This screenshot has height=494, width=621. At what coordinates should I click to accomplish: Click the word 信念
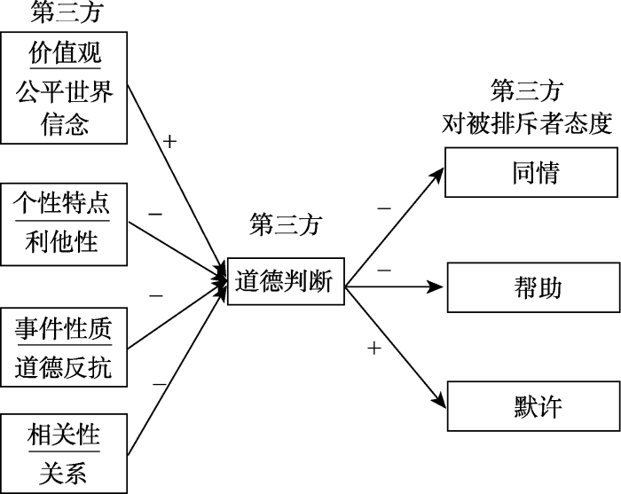point(64,123)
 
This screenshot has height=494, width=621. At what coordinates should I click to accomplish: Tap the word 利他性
point(64,240)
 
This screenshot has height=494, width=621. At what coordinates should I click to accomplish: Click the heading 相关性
point(64,436)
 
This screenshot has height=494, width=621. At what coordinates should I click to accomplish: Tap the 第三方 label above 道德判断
point(284,224)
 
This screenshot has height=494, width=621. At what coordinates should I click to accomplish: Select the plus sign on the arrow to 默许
point(373,349)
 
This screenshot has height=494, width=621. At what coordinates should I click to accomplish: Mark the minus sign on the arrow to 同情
point(383,208)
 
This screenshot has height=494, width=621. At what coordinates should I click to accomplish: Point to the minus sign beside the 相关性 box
point(160,383)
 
